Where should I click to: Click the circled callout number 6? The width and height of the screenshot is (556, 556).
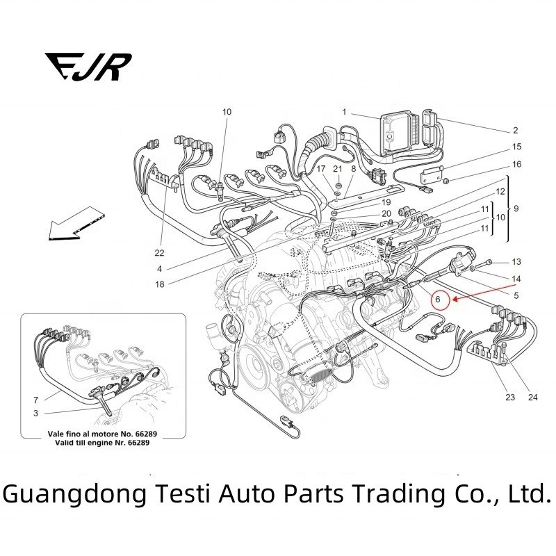(438, 300)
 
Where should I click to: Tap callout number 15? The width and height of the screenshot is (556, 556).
(516, 147)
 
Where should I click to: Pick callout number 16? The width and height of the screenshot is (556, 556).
(516, 165)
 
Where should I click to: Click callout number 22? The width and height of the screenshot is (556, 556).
(159, 252)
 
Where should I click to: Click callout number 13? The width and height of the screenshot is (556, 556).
(516, 262)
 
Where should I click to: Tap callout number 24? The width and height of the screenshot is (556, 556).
(533, 398)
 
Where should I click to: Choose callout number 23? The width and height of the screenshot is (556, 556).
(511, 398)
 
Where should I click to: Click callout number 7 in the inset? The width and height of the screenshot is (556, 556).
(35, 401)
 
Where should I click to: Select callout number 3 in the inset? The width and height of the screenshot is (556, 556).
(35, 414)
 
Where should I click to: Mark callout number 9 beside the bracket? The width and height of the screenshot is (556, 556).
(516, 209)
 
